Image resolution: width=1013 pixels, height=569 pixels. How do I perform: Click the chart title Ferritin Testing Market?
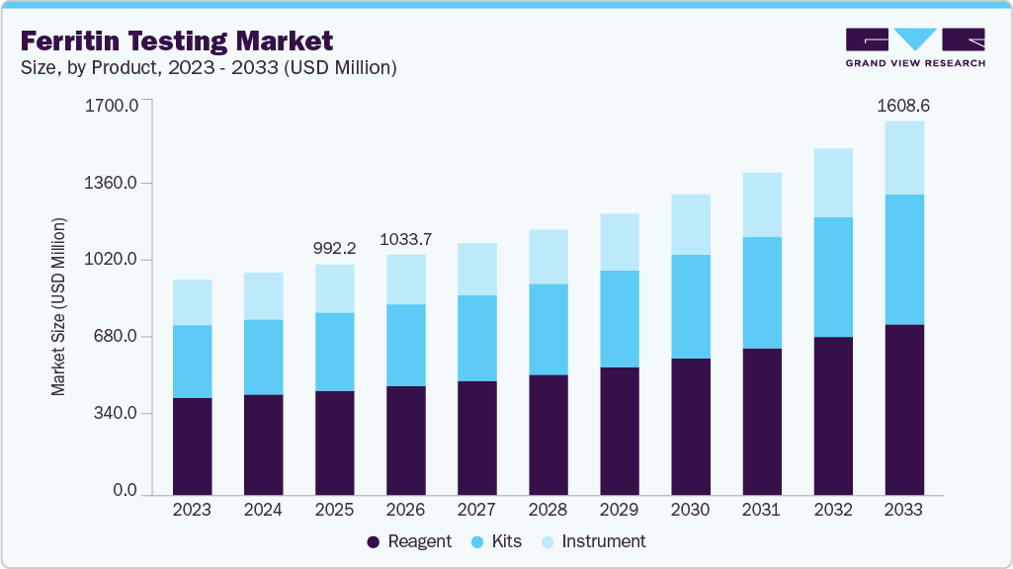coord(177,41)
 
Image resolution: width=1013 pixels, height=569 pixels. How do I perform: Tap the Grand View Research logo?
coord(914,47)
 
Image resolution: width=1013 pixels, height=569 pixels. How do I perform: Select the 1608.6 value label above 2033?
coord(904,105)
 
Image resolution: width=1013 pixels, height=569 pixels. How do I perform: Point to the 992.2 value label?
coord(334,248)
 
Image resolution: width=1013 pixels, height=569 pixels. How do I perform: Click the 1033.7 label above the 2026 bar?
coord(405,239)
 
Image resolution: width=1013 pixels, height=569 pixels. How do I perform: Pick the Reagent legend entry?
coord(409,541)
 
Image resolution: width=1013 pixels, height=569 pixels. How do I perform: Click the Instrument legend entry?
coord(593,541)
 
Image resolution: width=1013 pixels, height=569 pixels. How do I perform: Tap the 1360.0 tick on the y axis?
coord(117,184)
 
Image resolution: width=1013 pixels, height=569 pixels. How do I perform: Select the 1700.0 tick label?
coord(117,105)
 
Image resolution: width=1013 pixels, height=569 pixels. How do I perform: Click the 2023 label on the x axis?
coord(192,510)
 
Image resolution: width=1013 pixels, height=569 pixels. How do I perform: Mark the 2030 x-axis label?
coord(690,510)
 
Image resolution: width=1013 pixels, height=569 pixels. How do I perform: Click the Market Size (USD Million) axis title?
coord(59,305)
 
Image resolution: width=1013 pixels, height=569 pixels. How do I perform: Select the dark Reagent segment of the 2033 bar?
coord(904,409)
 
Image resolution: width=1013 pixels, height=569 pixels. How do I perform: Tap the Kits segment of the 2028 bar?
coord(549,329)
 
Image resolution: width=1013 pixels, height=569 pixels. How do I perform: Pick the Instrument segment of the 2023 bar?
coord(192,302)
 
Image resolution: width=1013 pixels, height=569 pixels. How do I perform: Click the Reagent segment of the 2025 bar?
coord(334,443)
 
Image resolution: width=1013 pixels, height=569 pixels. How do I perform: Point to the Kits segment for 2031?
coord(762,292)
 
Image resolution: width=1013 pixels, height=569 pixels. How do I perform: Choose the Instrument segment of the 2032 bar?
coord(833,183)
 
